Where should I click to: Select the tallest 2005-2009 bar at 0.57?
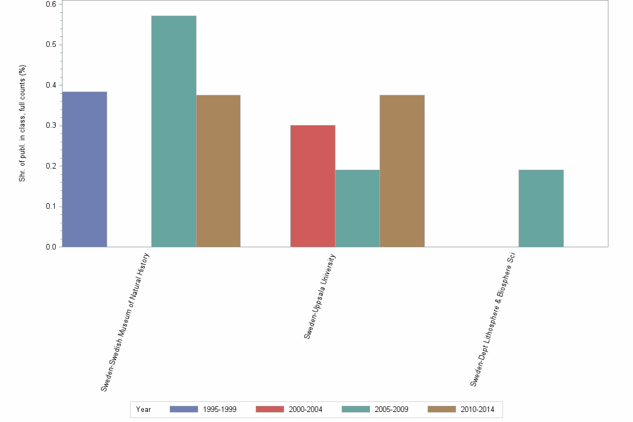click(x=174, y=131)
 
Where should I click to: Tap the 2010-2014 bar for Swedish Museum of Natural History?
click(x=218, y=171)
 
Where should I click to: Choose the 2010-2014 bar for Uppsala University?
click(x=402, y=171)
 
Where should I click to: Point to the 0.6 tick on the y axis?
click(x=50, y=4)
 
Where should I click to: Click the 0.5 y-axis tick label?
click(x=50, y=45)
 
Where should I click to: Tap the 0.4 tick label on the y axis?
click(x=50, y=85)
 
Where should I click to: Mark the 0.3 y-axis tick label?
click(x=50, y=126)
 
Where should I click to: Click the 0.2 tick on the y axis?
click(x=50, y=166)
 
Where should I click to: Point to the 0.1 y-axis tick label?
click(x=50, y=207)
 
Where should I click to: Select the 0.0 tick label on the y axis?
click(x=50, y=247)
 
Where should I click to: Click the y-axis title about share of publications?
click(x=23, y=123)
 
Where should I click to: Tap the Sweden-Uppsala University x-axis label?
click(x=320, y=296)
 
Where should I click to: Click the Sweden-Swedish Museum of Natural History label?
click(x=126, y=322)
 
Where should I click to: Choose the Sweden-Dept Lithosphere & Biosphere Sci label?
click(x=492, y=319)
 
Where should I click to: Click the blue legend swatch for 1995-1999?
click(x=184, y=409)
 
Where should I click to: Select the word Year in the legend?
click(x=143, y=409)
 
